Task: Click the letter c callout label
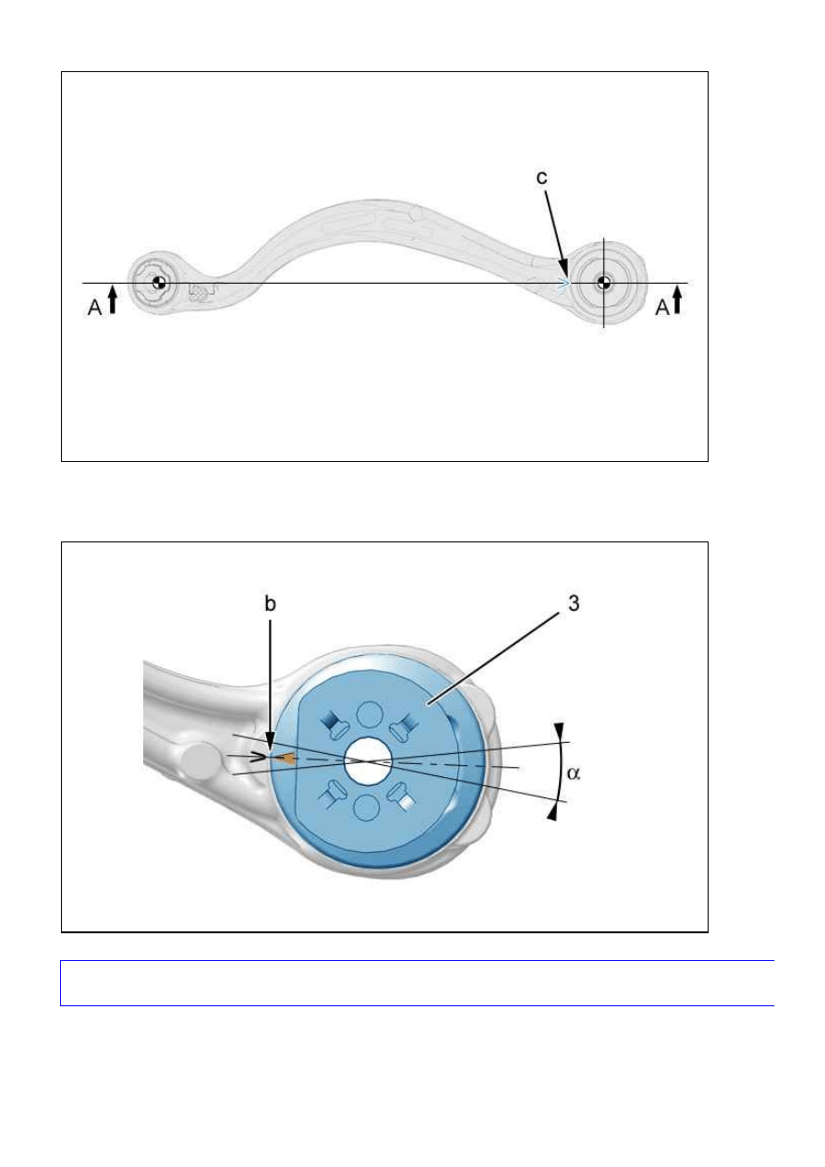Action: [541, 177]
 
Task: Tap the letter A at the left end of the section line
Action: [95, 308]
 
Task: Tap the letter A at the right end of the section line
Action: [662, 308]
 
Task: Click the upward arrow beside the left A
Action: [113, 301]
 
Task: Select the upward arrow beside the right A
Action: [677, 301]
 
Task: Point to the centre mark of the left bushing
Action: [159, 283]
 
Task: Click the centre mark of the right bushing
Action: [603, 283]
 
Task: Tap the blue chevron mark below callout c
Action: [563, 284]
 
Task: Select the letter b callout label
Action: [270, 603]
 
